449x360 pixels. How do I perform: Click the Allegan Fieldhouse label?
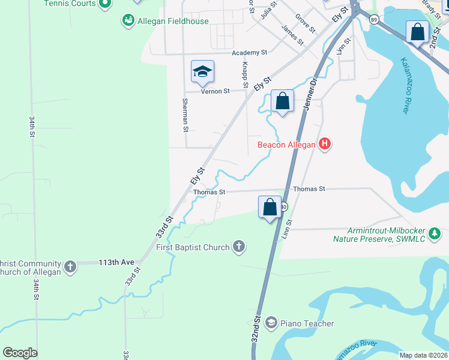(x=173, y=21)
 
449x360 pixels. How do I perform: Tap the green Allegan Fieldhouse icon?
(x=128, y=21)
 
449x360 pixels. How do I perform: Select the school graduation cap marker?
(x=202, y=72)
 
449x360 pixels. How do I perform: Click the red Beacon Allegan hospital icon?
(x=325, y=144)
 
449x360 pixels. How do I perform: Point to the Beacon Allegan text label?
(x=287, y=145)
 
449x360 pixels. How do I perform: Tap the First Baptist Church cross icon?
(x=239, y=247)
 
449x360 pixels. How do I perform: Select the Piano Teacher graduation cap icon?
(x=271, y=323)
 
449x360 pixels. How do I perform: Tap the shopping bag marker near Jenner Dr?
(x=283, y=101)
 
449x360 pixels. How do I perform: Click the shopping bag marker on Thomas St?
(x=270, y=207)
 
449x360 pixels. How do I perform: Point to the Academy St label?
(x=250, y=53)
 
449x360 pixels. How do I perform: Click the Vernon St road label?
(x=215, y=91)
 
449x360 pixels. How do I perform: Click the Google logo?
(x=20, y=353)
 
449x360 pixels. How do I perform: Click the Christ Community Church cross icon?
(x=70, y=266)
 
